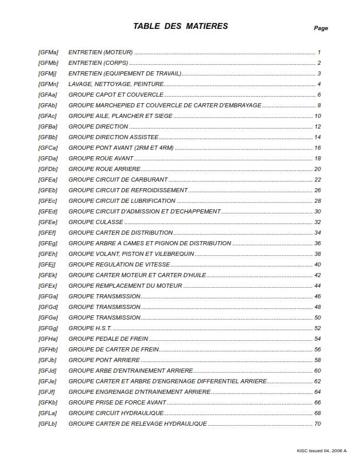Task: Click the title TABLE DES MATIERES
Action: pyautogui.click(x=180, y=26)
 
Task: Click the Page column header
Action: pyautogui.click(x=321, y=28)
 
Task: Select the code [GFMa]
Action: pyautogui.click(x=48, y=52)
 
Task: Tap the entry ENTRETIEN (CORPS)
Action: pyautogui.click(x=98, y=63)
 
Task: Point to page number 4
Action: pyautogui.click(x=319, y=84)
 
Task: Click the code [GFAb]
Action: pyautogui.click(x=48, y=106)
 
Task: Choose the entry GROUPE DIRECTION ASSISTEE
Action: pyautogui.click(x=118, y=137)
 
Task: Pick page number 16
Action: pyautogui.click(x=318, y=148)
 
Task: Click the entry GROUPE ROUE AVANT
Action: pyautogui.click(x=101, y=159)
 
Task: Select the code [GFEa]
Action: pyautogui.click(x=48, y=180)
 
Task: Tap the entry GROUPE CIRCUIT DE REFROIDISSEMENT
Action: pyautogui.click(x=128, y=190)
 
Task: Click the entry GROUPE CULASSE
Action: pyautogui.click(x=96, y=222)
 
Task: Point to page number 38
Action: pyautogui.click(x=318, y=254)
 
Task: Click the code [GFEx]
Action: pyautogui.click(x=48, y=286)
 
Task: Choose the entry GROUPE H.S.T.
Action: pyautogui.click(x=90, y=328)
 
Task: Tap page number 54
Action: pyautogui.click(x=318, y=339)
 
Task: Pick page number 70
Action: pyautogui.click(x=318, y=424)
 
